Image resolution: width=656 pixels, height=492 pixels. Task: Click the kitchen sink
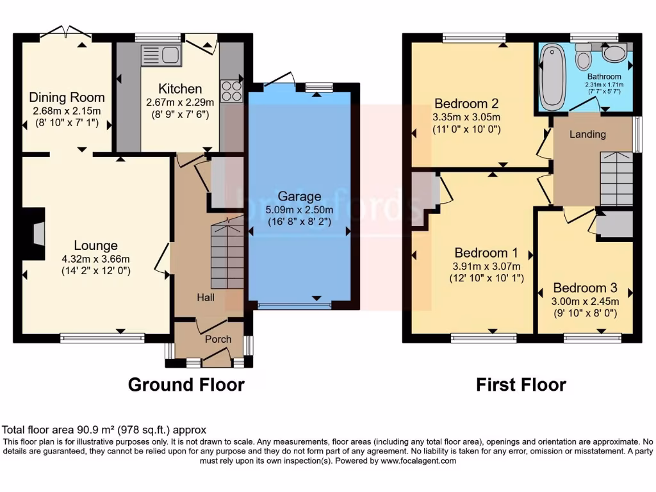[161, 55]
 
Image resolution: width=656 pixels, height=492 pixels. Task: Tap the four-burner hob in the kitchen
[232, 90]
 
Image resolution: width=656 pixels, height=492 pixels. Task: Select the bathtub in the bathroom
[550, 83]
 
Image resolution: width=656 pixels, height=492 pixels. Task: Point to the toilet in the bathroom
[583, 58]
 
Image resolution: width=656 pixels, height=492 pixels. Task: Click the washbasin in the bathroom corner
[616, 53]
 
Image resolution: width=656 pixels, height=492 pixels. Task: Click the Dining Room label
[67, 97]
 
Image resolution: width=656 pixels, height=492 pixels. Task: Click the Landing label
[587, 134]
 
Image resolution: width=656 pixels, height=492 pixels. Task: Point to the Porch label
[218, 339]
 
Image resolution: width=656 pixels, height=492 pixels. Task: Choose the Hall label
[206, 297]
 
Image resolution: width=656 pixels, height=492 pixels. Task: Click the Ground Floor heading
[186, 384]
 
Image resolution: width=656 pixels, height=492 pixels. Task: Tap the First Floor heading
[521, 384]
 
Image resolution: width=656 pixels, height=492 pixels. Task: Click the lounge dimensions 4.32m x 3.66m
[95, 259]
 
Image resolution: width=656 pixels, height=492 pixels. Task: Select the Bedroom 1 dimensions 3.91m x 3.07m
[486, 266]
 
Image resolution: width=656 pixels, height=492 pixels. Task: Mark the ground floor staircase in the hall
[227, 253]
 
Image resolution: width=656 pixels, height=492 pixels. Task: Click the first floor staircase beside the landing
[616, 179]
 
